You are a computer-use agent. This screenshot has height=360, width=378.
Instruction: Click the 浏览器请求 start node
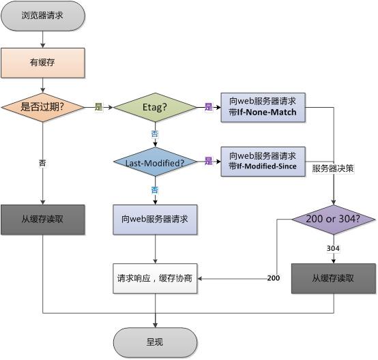[43, 15]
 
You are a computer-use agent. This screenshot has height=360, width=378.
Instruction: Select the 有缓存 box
[43, 62]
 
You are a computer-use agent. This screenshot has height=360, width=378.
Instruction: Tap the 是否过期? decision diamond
[43, 107]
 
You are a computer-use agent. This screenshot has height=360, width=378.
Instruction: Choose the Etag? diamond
[155, 107]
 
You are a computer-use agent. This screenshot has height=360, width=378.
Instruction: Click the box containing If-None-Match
[263, 107]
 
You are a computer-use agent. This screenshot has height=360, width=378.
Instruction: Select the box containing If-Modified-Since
[263, 161]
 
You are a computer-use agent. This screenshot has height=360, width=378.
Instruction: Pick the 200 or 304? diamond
[334, 219]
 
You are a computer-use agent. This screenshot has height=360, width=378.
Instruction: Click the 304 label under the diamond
[334, 249]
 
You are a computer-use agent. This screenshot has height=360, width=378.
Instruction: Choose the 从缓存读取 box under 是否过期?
[43, 219]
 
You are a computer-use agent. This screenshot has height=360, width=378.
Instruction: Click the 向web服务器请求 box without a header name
[155, 219]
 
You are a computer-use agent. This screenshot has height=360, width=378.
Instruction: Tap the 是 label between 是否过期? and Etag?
[98, 107]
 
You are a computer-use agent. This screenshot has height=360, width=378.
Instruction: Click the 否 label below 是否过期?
[43, 164]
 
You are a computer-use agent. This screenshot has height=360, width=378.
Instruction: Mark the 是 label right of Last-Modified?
[209, 161]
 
